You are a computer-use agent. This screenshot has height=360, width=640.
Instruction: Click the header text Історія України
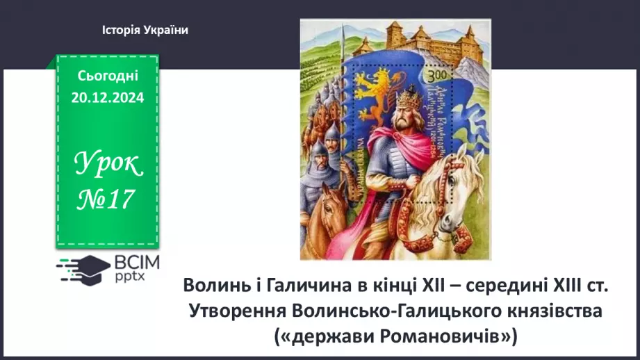pyautogui.click(x=145, y=30)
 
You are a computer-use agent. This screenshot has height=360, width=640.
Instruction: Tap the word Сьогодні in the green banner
pyautogui.click(x=108, y=76)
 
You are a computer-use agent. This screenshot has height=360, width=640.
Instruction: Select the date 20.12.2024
pyautogui.click(x=108, y=98)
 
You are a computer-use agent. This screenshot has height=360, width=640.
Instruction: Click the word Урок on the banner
pyautogui.click(x=108, y=165)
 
